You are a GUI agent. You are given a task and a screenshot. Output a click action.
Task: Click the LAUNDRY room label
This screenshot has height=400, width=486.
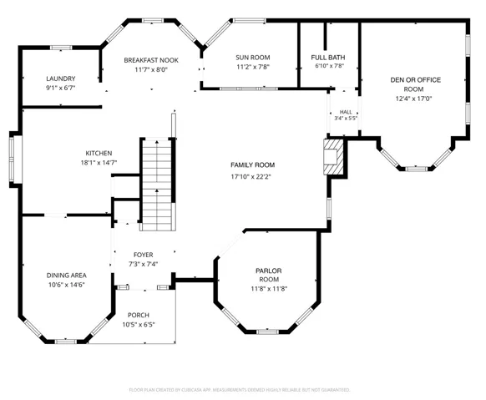[x=61, y=78]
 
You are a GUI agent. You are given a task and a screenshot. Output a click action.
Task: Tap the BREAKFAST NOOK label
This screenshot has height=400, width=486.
[x=151, y=60]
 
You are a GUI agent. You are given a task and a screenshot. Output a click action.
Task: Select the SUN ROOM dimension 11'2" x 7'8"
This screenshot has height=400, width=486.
[x=253, y=67]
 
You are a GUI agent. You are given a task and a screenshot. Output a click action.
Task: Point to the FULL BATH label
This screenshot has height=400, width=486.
[x=328, y=58]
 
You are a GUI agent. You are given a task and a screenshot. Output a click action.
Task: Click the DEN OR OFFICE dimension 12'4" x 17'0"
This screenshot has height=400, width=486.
[x=413, y=99]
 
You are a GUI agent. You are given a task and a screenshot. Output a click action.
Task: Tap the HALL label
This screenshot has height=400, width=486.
[x=346, y=112]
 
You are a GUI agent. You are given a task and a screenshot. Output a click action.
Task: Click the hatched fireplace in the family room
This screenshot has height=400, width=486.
[x=333, y=157]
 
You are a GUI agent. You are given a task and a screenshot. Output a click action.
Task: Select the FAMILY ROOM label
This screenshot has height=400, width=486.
[x=253, y=165]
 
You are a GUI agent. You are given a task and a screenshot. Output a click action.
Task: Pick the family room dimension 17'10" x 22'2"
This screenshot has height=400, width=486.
[x=251, y=177]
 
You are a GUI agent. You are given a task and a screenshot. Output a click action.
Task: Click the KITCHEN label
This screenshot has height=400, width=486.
[x=99, y=153]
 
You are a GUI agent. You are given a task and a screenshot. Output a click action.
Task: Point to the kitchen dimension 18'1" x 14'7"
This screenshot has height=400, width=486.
[x=99, y=163]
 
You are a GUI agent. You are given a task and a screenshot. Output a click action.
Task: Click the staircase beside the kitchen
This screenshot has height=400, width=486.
[x=157, y=185]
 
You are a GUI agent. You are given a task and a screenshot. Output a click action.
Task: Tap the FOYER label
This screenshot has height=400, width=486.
[x=143, y=255]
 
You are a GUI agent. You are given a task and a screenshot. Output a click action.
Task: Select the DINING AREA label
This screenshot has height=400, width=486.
[x=66, y=276]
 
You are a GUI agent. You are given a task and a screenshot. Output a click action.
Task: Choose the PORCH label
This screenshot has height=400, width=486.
[x=139, y=315]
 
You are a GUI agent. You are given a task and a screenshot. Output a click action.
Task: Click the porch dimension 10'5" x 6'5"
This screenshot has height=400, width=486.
[x=139, y=325]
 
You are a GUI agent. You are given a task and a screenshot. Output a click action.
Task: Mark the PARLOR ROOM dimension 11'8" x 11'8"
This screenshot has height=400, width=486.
[x=269, y=289]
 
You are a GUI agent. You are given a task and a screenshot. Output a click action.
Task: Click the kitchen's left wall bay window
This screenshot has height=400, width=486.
[x=12, y=159]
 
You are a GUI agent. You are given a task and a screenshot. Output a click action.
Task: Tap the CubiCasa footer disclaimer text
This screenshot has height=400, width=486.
[x=240, y=390]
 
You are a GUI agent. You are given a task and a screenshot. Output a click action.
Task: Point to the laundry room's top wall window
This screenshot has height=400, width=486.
[x=61, y=48]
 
